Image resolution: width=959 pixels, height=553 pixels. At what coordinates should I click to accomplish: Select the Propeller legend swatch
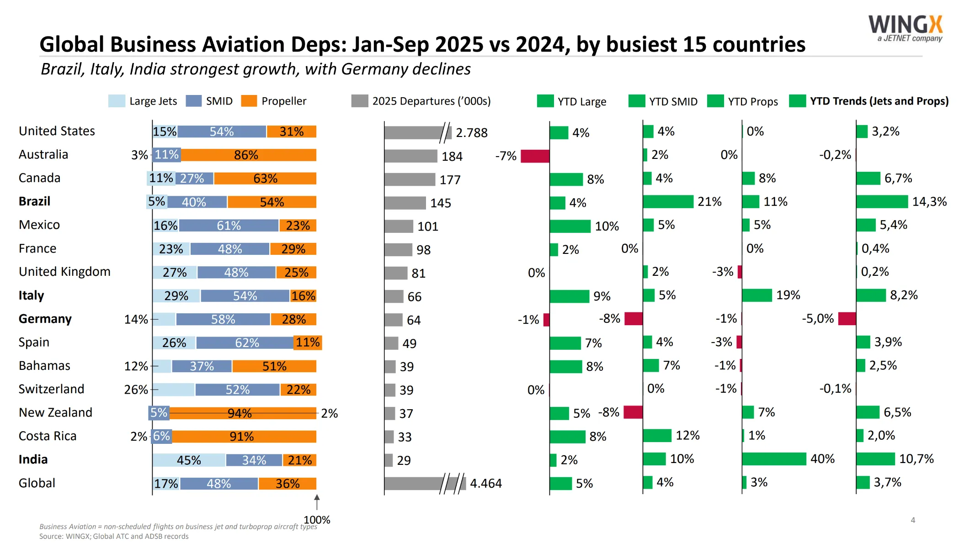tap(249, 101)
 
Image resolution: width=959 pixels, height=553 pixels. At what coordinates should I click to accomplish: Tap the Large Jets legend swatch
tap(117, 101)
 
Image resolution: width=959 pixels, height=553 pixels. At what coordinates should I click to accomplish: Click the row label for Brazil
tap(34, 201)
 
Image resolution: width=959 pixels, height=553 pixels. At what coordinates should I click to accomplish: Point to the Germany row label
tap(45, 319)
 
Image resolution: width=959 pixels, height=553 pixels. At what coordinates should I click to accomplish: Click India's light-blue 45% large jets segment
tap(189, 460)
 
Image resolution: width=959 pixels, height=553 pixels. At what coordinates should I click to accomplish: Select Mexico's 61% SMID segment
tap(229, 226)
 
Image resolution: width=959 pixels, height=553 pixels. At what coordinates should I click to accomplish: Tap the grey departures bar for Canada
tap(410, 179)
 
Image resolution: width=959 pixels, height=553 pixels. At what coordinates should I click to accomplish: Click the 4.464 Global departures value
tap(485, 483)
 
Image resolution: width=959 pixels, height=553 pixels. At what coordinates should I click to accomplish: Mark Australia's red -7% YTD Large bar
tap(535, 156)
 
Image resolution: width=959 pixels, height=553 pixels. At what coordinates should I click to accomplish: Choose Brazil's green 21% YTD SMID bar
tap(668, 201)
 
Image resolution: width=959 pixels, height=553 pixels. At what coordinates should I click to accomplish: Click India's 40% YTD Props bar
tap(774, 459)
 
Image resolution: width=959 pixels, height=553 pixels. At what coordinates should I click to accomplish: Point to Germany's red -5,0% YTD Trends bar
tap(847, 319)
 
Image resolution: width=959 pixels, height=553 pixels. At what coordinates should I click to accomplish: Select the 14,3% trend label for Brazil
tap(929, 201)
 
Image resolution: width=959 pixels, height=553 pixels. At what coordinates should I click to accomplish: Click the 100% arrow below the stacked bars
tap(317, 502)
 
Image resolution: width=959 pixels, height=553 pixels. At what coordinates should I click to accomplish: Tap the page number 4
tap(913, 520)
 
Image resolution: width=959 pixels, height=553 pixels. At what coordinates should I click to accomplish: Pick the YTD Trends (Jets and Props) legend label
tap(879, 101)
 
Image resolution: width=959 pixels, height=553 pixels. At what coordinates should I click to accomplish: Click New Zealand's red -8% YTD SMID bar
tap(633, 412)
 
